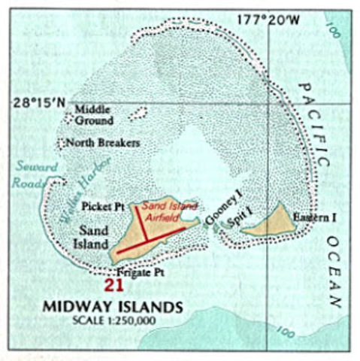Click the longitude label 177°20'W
(270, 20)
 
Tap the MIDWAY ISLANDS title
(112, 307)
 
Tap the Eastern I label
(313, 218)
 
